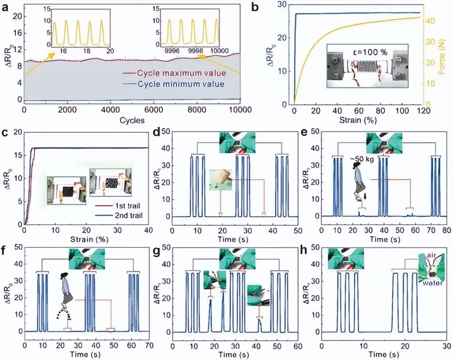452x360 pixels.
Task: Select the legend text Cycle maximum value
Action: pyautogui.click(x=181, y=73)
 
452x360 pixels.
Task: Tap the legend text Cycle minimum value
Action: pyautogui.click(x=181, y=84)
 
